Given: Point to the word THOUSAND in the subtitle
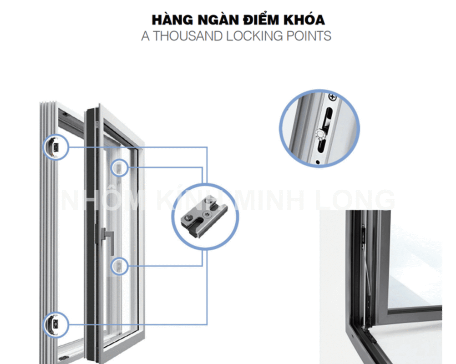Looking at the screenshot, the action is click(188, 36).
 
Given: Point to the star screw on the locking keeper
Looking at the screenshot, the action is click(207, 215).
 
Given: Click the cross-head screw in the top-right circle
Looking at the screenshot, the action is click(332, 97).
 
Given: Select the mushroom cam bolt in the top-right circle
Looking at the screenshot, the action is click(319, 134).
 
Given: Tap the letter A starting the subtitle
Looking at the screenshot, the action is click(146, 36).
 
